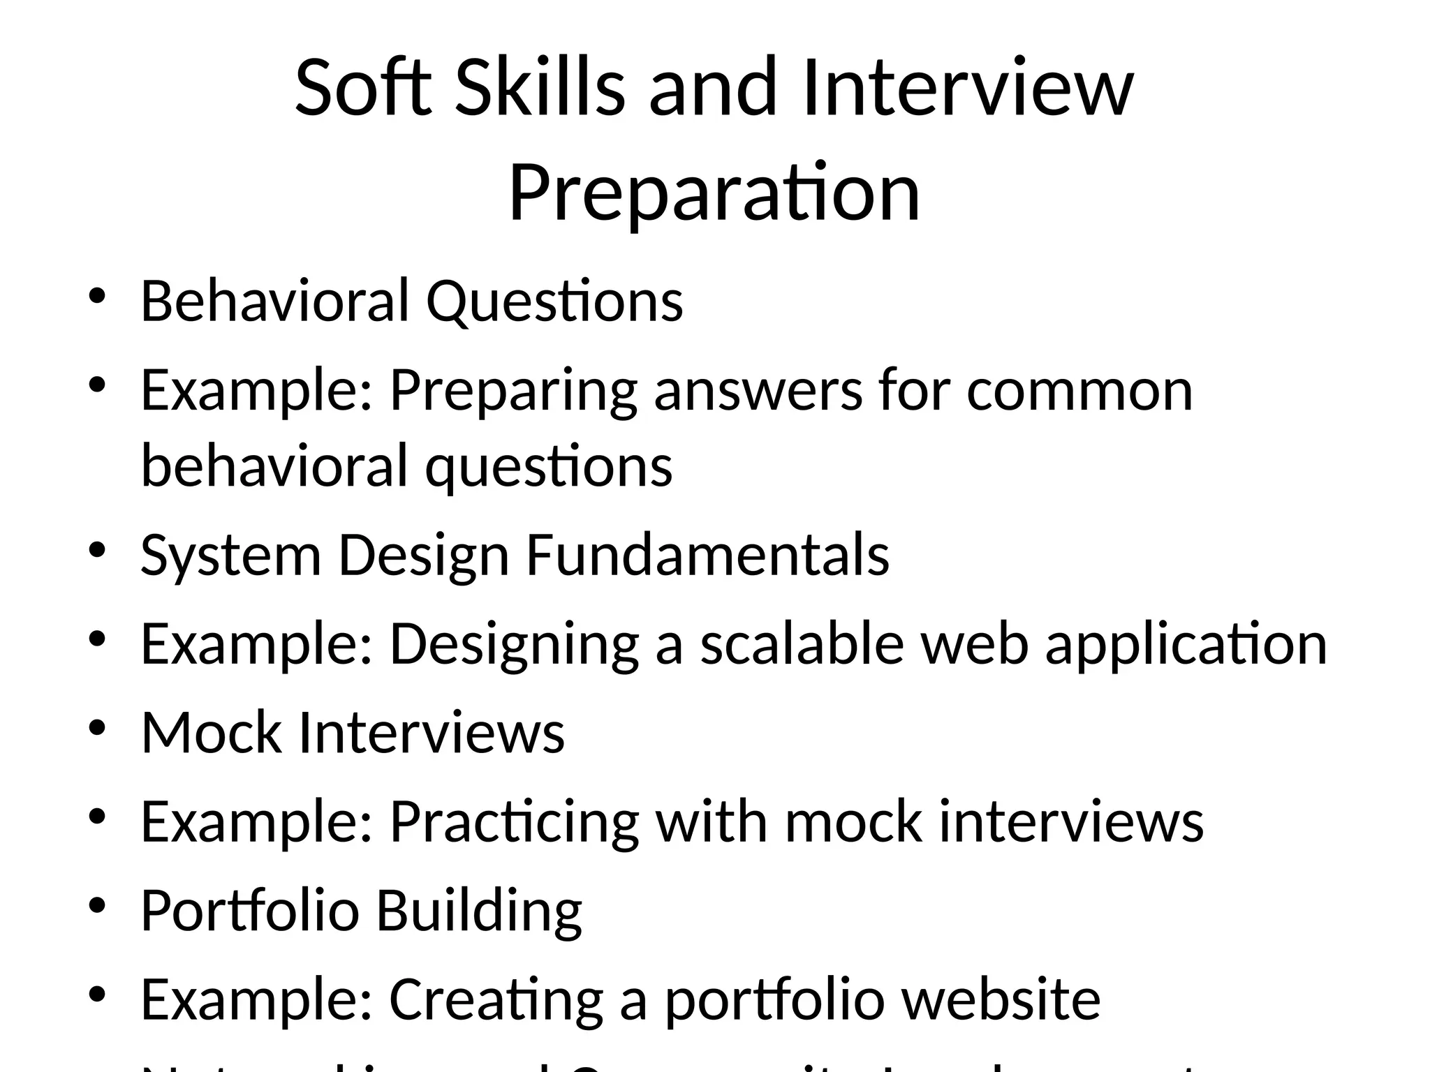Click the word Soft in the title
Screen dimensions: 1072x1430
(x=363, y=89)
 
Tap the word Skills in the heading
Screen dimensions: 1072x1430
(x=539, y=89)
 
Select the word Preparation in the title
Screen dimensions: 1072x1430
(x=714, y=193)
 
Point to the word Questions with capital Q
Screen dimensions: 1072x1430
(x=554, y=303)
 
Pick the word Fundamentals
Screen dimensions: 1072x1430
(x=707, y=556)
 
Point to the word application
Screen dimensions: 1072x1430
(x=1186, y=646)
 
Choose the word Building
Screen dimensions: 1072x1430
(x=479, y=911)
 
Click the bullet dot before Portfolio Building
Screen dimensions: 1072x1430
(x=97, y=906)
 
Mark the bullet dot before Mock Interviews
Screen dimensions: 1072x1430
(x=97, y=728)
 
